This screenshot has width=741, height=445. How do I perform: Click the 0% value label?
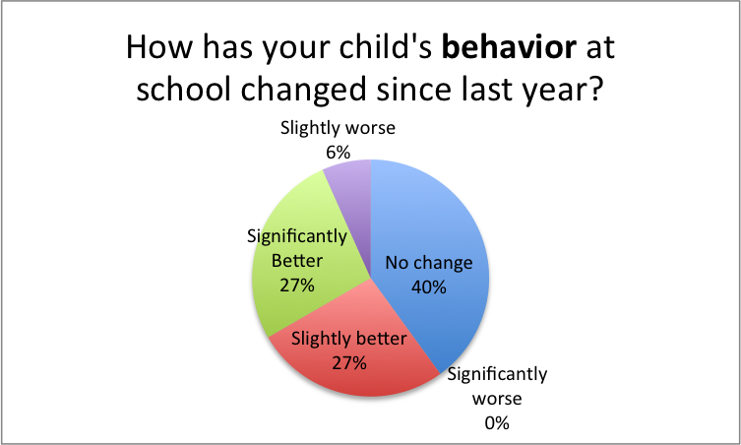coord(498,423)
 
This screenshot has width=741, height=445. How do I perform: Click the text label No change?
coord(429,263)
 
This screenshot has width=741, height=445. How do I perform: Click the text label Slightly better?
coord(349,341)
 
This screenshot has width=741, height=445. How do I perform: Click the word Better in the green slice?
coord(295,261)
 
